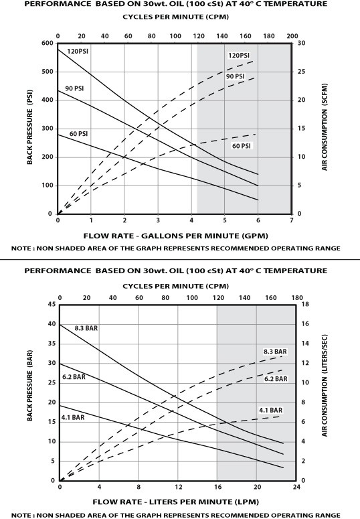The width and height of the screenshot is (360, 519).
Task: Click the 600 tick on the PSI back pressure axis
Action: pos(48,43)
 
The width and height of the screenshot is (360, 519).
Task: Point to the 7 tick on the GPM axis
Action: pos(291,221)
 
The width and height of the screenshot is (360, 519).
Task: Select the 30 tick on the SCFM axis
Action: pos(302,43)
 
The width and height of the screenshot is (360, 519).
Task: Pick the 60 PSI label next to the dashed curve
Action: pos(241,145)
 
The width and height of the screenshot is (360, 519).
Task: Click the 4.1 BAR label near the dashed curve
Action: pos(271,410)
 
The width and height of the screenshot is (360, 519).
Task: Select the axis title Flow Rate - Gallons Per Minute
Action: pos(174,235)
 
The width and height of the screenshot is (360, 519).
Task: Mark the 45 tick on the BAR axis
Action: pos(50,304)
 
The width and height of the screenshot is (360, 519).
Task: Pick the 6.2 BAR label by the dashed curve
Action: pos(275,378)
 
